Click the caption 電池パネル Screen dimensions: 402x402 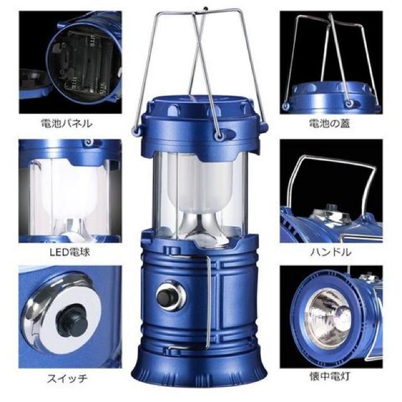67,124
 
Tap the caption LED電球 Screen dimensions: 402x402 70,253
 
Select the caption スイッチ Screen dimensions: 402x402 67,379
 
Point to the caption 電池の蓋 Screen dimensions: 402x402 329,124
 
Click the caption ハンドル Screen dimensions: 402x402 330,253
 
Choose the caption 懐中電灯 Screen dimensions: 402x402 330,377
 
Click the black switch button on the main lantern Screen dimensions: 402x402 166,296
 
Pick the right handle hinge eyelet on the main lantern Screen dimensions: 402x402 219,135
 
